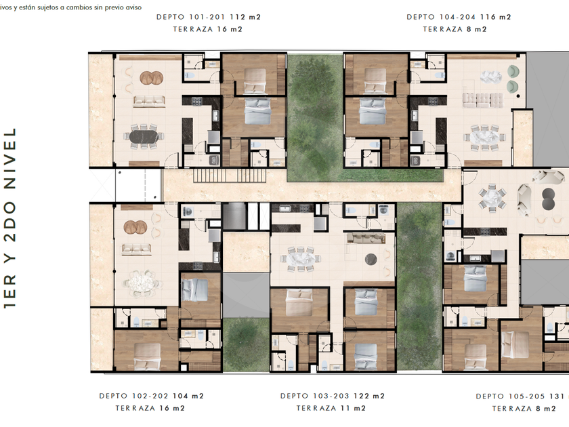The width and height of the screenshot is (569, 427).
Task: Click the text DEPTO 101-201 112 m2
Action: click(209, 17)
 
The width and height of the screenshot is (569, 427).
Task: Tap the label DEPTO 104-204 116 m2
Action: click(459, 17)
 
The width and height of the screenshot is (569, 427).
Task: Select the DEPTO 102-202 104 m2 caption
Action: click(151, 396)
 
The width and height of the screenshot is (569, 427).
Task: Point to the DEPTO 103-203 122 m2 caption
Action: click(333, 396)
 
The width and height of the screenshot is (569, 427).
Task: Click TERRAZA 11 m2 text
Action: click(331, 409)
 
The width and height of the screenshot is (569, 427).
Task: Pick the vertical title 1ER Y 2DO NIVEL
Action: click(9, 218)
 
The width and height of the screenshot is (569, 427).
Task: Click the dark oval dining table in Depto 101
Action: click(144, 136)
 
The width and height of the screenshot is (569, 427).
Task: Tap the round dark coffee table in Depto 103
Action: click(371, 259)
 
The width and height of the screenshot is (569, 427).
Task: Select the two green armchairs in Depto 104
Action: click(513, 79)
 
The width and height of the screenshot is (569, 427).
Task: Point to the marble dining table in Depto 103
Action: click(301, 259)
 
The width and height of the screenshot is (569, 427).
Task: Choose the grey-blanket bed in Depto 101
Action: click(258, 110)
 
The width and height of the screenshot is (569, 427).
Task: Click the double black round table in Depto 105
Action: click(548, 199)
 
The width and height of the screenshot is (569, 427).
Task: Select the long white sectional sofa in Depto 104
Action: click(483, 100)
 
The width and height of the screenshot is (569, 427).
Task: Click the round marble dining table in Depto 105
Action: click(492, 198)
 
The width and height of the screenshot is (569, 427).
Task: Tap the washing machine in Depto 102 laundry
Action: click(188, 211)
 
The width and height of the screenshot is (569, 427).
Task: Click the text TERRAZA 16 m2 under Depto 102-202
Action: click(150, 409)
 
